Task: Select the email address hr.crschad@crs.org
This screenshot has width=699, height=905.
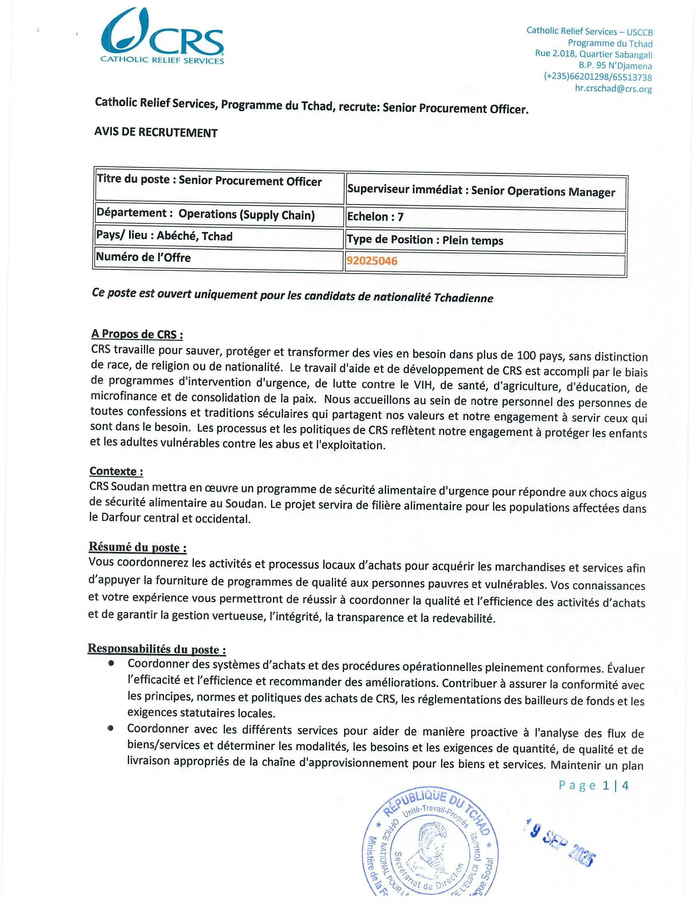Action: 613,88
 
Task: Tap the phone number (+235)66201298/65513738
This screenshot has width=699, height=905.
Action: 597,77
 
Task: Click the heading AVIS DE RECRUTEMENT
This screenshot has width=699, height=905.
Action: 156,132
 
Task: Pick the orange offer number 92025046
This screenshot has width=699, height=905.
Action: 372,261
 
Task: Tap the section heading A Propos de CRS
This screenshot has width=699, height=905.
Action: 137,334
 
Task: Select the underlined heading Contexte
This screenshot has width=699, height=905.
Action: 116,471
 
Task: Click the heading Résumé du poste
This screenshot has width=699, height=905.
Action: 137,548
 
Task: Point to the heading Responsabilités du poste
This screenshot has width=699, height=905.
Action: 157,649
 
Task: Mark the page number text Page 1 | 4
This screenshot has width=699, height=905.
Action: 593,785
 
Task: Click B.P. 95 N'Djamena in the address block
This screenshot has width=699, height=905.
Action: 615,66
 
